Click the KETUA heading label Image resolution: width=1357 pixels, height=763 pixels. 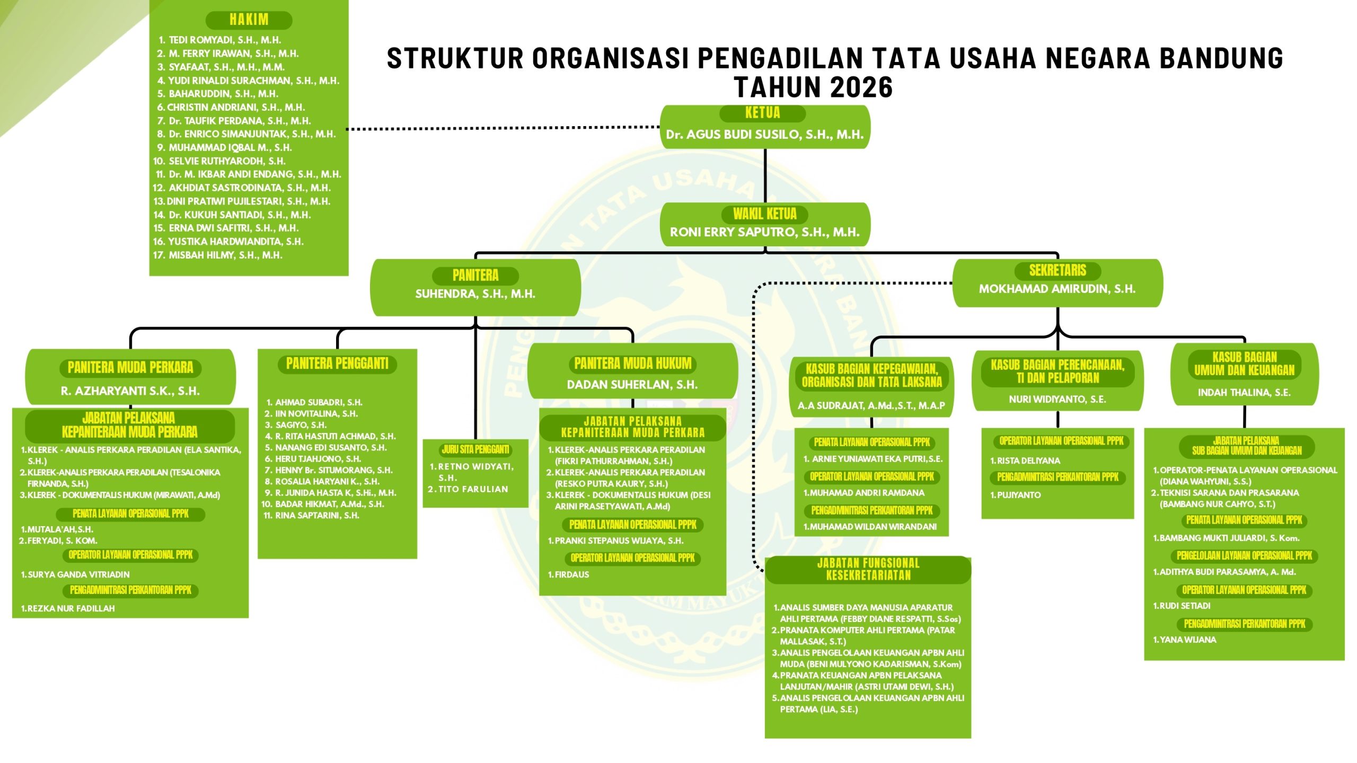coord(762,113)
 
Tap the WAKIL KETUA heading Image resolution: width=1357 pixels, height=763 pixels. coord(764,214)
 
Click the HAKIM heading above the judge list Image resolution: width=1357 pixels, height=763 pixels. coord(249,20)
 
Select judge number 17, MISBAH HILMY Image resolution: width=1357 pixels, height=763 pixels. coord(225,255)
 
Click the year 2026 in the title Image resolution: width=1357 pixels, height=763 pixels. coord(861,87)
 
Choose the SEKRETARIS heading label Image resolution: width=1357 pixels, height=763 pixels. coord(1058,271)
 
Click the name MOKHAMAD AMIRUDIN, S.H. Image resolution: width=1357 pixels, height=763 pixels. coord(1057,289)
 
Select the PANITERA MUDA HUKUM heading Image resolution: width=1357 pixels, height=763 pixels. coord(633,363)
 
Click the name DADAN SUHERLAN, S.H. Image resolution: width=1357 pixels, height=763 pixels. coord(632,385)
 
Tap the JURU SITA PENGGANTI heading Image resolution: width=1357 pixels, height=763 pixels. coord(475,450)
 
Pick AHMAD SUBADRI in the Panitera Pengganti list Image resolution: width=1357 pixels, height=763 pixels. coord(318,402)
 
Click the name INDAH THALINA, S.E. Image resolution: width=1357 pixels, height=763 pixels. coord(1244,393)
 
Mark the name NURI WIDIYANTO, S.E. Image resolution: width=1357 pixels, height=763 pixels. coord(1057,399)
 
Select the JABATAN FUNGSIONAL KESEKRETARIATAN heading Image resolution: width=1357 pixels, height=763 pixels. coord(868,569)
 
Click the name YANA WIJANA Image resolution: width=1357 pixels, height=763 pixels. coord(1187,640)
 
